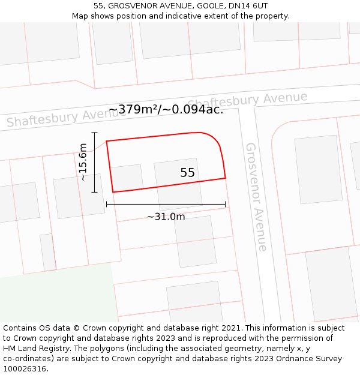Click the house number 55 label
click(187, 173)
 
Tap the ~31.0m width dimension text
click(166, 217)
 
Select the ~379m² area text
click(133, 109)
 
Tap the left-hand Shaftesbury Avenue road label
click(58, 118)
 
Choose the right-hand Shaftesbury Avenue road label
click(247, 101)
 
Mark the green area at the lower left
click(54, 297)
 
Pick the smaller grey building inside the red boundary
click(127, 178)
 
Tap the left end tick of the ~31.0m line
click(107, 204)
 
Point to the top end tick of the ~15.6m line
click(94, 133)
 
